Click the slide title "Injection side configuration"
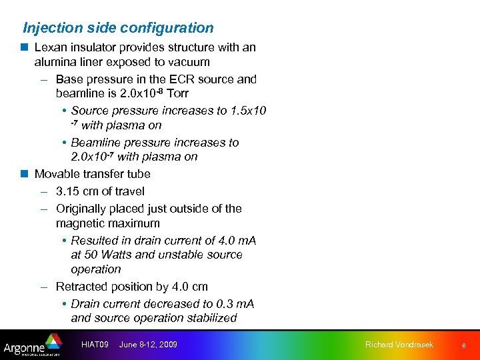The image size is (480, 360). [119, 28]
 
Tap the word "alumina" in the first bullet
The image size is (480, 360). [57, 62]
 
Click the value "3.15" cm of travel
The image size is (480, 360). [67, 191]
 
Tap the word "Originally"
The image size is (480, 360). [82, 209]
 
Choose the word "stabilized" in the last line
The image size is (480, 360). [208, 318]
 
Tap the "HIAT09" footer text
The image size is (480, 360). [95, 345]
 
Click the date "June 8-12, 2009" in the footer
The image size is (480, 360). [148, 345]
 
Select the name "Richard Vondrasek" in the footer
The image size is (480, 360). [399, 345]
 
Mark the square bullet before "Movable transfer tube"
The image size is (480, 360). [24, 174]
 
